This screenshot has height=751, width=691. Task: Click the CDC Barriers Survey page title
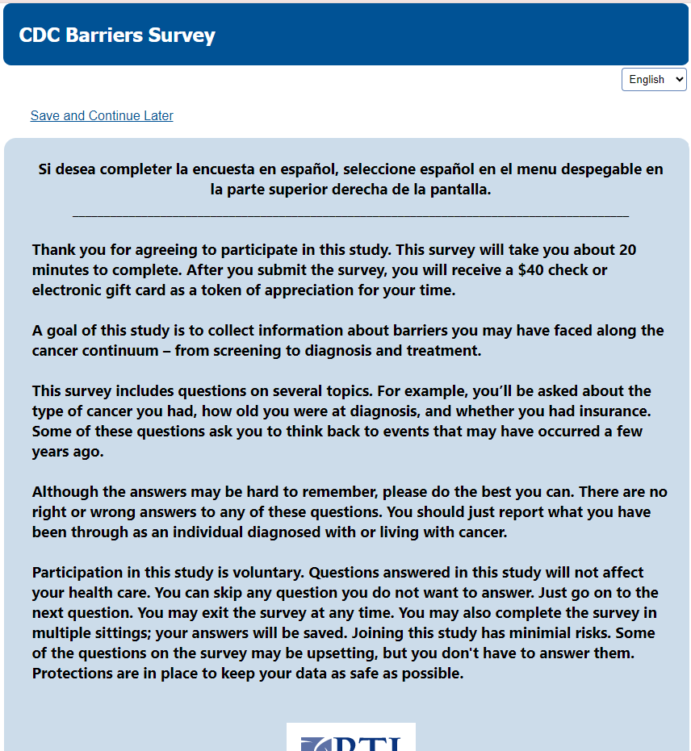(x=117, y=35)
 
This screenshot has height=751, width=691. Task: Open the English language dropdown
(x=654, y=79)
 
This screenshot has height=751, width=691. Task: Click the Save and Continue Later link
(x=102, y=115)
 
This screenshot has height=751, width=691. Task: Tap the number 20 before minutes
(x=627, y=249)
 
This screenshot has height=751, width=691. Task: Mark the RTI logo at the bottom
(x=351, y=738)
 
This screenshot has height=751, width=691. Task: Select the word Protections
(x=74, y=673)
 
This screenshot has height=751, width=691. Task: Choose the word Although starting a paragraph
(x=67, y=491)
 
